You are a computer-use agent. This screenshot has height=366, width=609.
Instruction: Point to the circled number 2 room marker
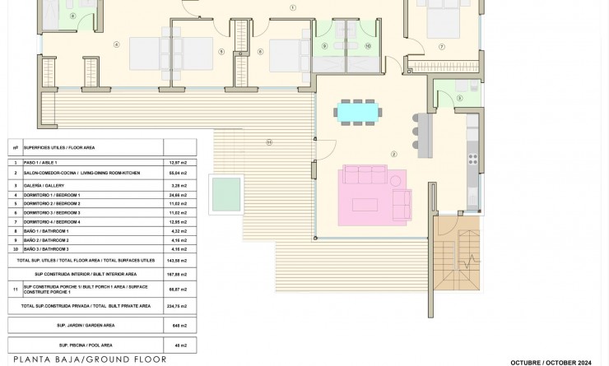pos(394,154)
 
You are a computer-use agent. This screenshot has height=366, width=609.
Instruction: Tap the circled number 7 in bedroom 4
pos(442,47)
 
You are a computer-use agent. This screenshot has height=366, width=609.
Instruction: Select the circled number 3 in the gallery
pos(458,99)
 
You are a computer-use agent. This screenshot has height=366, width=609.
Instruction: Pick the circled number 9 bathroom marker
pos(326,46)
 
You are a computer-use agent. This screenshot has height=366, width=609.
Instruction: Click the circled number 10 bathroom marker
pos(368,46)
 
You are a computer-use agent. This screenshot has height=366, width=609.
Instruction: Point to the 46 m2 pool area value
pos(179,344)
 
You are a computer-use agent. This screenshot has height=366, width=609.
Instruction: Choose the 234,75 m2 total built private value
pos(179,305)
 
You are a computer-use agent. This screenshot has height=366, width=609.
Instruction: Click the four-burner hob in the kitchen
pos(472,155)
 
